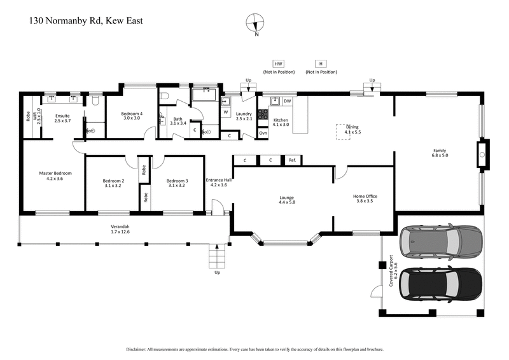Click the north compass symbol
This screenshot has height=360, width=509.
[256, 23]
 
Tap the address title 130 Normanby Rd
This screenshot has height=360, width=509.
[86, 20]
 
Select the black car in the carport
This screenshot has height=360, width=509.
[440, 283]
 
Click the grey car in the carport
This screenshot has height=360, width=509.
[440, 240]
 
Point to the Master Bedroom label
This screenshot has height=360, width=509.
[55, 176]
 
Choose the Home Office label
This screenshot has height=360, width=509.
[365, 199]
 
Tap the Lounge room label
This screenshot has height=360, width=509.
[287, 199]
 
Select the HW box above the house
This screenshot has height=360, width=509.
[278, 64]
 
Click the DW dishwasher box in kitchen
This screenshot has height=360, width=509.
[288, 101]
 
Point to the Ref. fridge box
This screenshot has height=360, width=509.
[292, 160]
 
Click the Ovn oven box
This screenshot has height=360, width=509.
[263, 133]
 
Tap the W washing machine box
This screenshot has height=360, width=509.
[225, 113]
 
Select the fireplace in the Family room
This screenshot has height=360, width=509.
[482, 154]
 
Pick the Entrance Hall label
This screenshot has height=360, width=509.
[218, 182]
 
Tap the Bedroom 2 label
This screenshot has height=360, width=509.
[113, 184]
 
